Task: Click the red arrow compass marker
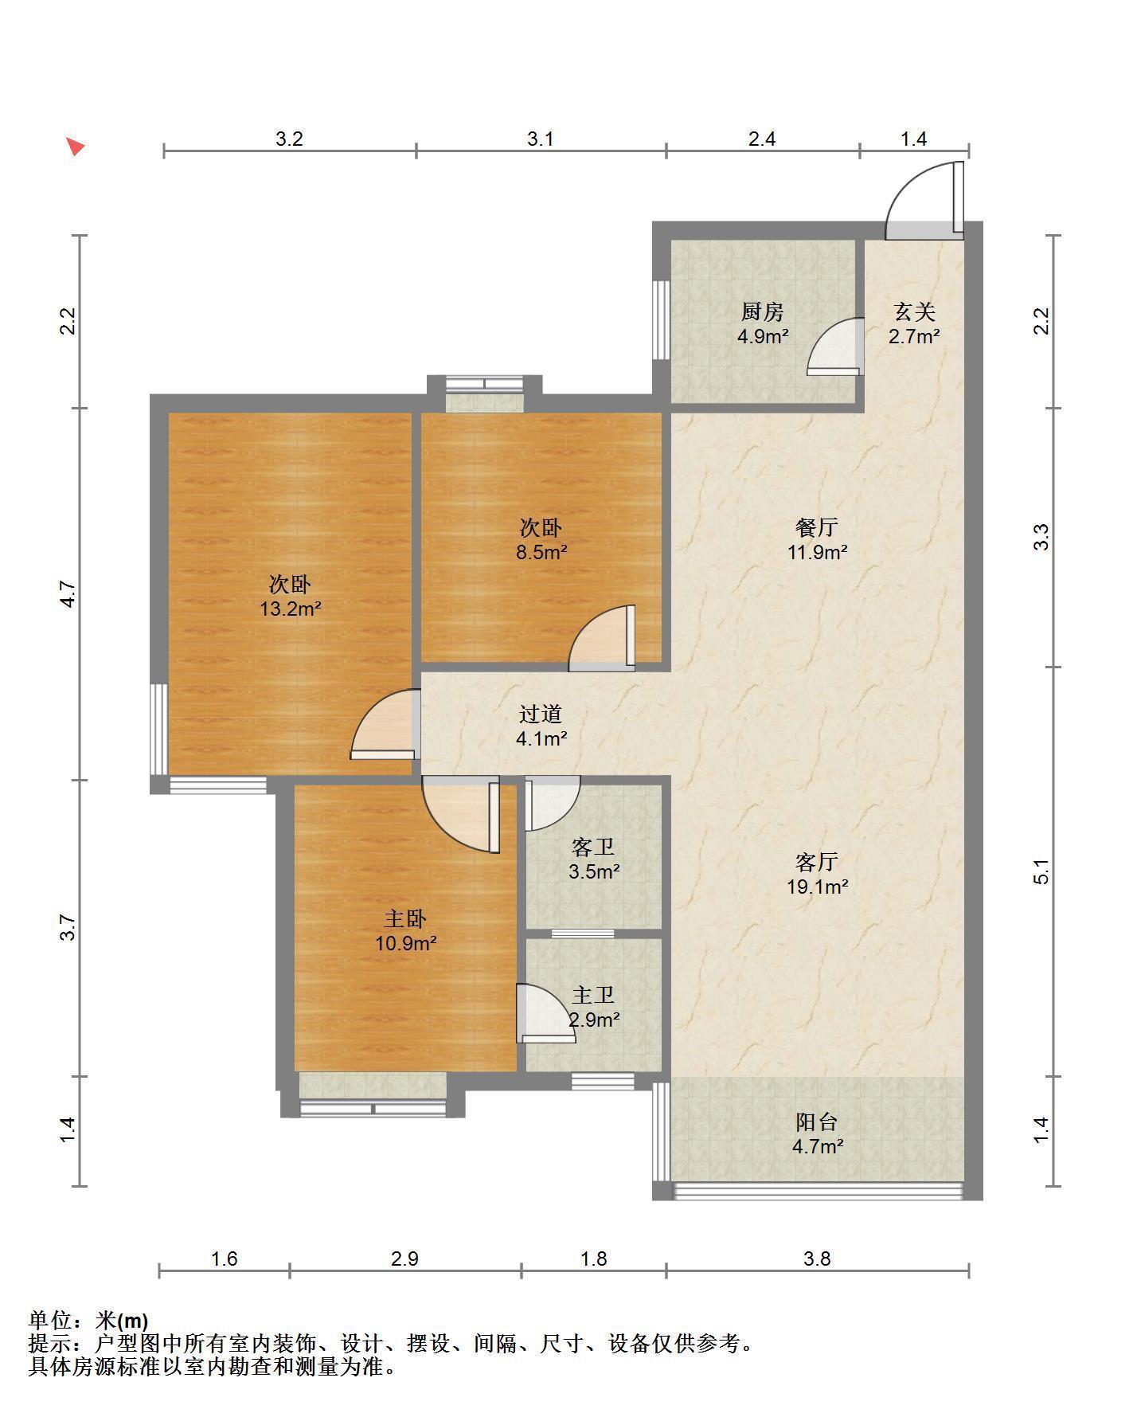tap(76, 147)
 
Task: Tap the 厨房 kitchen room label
tap(763, 311)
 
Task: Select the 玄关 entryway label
tap(914, 311)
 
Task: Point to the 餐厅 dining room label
tap(817, 527)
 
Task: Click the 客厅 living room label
tap(817, 862)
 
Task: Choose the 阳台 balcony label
tap(817, 1122)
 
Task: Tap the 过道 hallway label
tap(541, 714)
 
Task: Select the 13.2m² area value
tap(290, 609)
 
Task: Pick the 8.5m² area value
tap(541, 551)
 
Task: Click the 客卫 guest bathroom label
tap(593, 847)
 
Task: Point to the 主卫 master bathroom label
tap(593, 996)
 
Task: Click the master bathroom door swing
tap(545, 1013)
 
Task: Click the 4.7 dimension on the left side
tap(68, 594)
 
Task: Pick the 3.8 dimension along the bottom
tap(817, 1259)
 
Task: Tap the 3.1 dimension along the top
tap(541, 139)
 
